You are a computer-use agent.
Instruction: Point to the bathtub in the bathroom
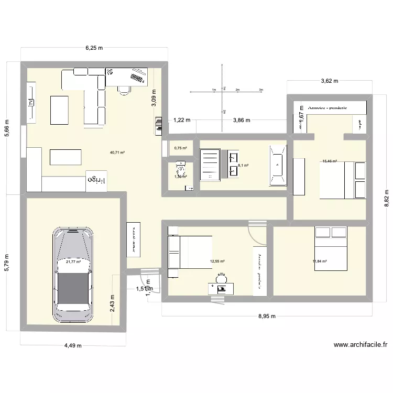tap(277, 165)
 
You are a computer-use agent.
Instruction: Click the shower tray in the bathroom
tap(212, 165)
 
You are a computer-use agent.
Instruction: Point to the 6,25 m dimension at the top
tap(94, 48)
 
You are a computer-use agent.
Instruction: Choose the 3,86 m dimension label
tap(241, 120)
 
